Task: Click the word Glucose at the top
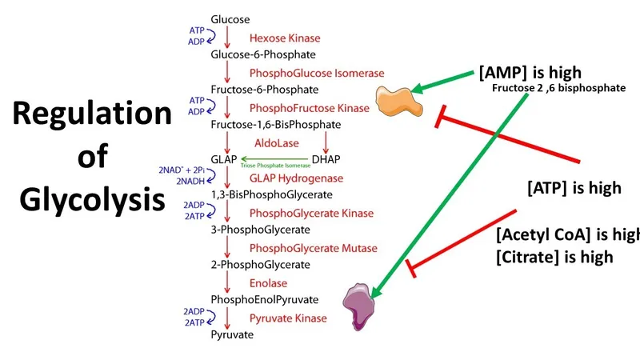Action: (x=230, y=18)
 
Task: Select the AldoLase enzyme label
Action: (x=272, y=142)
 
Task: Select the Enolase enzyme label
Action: (x=268, y=283)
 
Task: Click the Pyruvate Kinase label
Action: (x=288, y=318)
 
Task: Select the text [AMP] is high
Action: (x=530, y=73)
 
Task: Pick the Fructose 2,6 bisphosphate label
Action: (x=558, y=88)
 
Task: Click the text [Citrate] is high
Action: (x=554, y=257)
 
